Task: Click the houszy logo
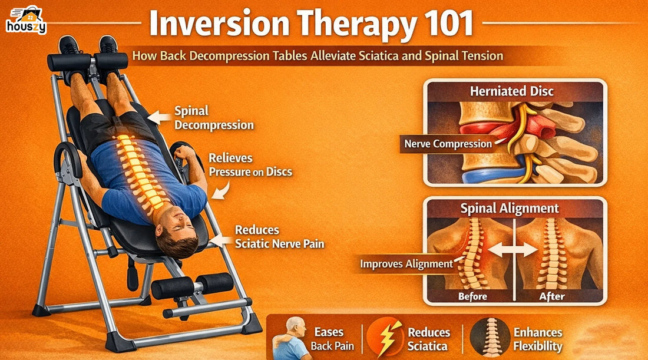26,20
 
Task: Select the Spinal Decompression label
214,118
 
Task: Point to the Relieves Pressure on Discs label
250,165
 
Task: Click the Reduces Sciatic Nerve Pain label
279,236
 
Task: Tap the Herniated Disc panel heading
511,91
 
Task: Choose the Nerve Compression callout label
448,143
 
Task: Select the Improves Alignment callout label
406,263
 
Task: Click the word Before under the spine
472,296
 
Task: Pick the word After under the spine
552,296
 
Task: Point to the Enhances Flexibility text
537,339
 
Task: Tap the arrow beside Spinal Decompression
158,117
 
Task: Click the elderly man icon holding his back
292,338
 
